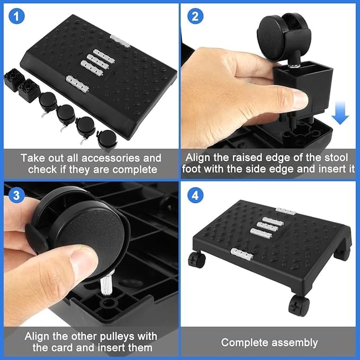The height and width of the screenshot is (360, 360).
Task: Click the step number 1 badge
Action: click(x=16, y=16)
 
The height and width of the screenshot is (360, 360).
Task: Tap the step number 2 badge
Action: click(x=195, y=16)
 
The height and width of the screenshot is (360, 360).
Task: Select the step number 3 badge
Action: click(x=16, y=195)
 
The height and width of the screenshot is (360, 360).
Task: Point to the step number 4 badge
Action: click(x=195, y=195)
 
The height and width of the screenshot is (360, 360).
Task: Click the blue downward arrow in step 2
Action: click(x=340, y=112)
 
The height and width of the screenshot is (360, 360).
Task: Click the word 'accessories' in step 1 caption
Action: click(x=111, y=158)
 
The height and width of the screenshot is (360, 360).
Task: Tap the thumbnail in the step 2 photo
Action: click(x=298, y=99)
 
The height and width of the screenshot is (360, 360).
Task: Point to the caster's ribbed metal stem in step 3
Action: click(x=106, y=283)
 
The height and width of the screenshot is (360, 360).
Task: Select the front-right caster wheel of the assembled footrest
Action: click(x=298, y=305)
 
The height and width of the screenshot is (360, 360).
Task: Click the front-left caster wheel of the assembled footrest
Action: click(x=197, y=260)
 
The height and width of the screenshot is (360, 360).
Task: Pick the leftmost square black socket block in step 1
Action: click(x=14, y=80)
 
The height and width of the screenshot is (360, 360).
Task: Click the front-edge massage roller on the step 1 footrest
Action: click(x=77, y=84)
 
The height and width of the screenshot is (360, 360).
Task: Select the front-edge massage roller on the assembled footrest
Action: click(x=242, y=254)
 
